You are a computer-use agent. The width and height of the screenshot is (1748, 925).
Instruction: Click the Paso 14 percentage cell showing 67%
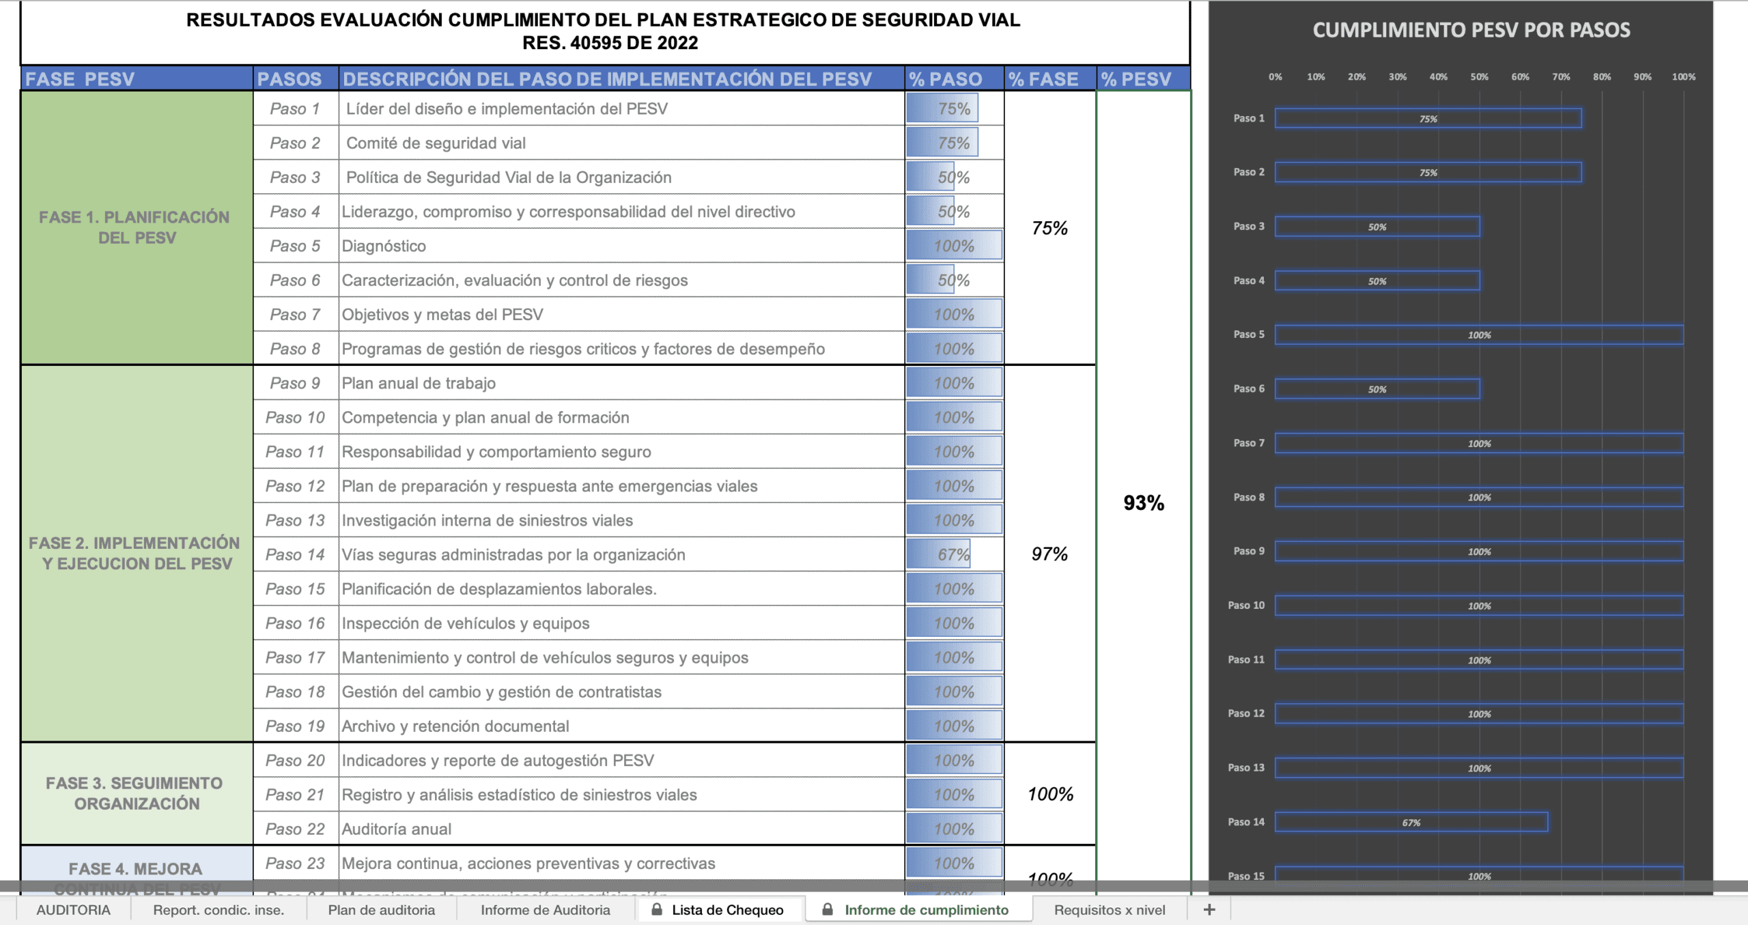(x=953, y=554)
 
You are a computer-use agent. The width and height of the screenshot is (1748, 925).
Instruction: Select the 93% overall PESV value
(x=1144, y=503)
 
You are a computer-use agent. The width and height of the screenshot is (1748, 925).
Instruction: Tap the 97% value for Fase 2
(x=1049, y=554)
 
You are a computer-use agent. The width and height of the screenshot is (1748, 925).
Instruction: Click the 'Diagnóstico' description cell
(x=384, y=246)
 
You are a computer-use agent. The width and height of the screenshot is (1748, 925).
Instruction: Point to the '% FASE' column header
(x=1043, y=79)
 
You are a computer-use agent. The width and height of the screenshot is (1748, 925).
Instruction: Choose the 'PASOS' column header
(x=290, y=79)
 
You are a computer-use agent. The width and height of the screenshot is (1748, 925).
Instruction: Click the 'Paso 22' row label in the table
(x=295, y=829)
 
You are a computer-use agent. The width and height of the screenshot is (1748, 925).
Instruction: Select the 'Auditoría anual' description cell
(x=397, y=829)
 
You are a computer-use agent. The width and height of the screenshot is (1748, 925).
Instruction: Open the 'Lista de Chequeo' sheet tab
(x=727, y=910)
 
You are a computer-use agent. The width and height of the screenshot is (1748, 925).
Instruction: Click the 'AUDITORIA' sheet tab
(x=73, y=910)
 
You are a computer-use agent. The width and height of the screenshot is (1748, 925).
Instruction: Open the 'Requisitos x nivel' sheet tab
(x=1110, y=910)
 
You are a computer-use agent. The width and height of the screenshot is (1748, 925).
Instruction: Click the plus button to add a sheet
(x=1209, y=910)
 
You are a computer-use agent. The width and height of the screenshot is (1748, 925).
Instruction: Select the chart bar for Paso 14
(x=1411, y=822)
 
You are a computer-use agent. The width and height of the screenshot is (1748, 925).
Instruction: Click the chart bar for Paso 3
(x=1377, y=227)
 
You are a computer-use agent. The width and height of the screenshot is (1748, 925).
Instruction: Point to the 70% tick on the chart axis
(x=1561, y=77)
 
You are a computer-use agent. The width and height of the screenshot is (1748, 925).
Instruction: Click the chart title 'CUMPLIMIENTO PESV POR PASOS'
(x=1471, y=30)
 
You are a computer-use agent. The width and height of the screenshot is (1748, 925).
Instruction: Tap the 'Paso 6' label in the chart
(x=1249, y=388)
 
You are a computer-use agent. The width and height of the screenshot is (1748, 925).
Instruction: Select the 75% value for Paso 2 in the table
(x=953, y=143)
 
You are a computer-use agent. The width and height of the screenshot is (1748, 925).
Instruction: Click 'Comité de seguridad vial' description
(x=436, y=143)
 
